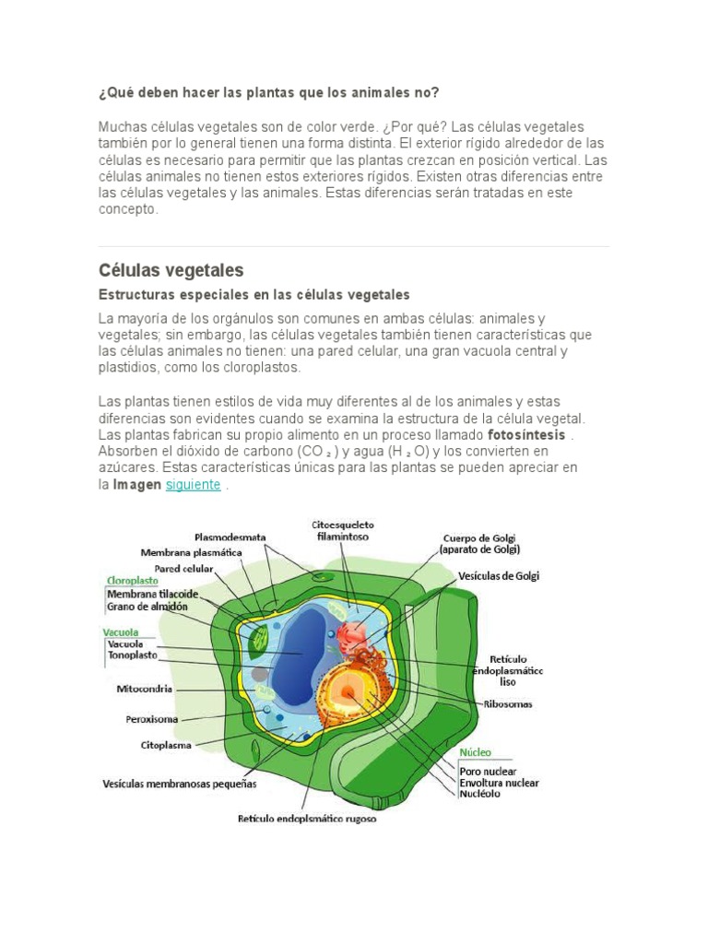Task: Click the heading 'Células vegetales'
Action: tap(171, 271)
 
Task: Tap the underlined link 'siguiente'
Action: tap(194, 485)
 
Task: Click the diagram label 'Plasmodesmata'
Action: tap(230, 537)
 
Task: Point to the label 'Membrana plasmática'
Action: tap(192, 553)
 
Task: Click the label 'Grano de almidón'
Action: tap(147, 607)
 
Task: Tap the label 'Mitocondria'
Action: tap(145, 688)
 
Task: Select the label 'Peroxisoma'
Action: tap(152, 718)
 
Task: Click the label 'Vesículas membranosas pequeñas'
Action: tap(180, 785)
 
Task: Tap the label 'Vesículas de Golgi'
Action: tap(499, 576)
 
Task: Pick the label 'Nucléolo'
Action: tap(481, 794)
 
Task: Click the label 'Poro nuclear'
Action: tap(488, 771)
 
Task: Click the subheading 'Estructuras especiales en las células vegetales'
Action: tap(254, 295)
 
